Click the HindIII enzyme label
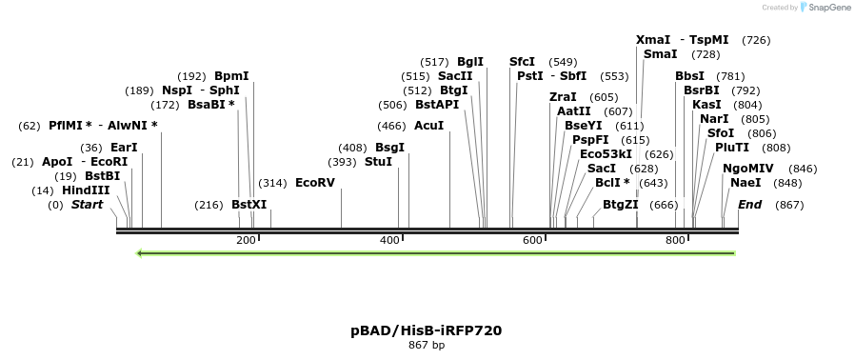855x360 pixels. (x=86, y=190)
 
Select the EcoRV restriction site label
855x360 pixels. (x=315, y=183)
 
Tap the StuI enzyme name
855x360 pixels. (x=378, y=162)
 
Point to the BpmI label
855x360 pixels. (x=231, y=76)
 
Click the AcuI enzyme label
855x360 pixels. (x=428, y=126)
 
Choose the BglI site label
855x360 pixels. (x=470, y=62)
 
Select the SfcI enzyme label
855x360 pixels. (x=522, y=62)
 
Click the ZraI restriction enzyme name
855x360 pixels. (x=563, y=97)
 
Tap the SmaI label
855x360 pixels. (x=660, y=54)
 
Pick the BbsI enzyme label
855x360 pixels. (x=689, y=76)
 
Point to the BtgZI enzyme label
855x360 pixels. (x=621, y=205)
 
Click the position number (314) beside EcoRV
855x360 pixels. (x=272, y=183)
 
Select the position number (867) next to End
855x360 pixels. (x=789, y=205)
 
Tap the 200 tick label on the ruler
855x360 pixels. (x=246, y=240)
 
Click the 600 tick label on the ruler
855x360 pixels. (x=532, y=240)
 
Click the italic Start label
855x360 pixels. (x=87, y=205)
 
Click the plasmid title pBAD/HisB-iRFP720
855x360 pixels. (x=426, y=330)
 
